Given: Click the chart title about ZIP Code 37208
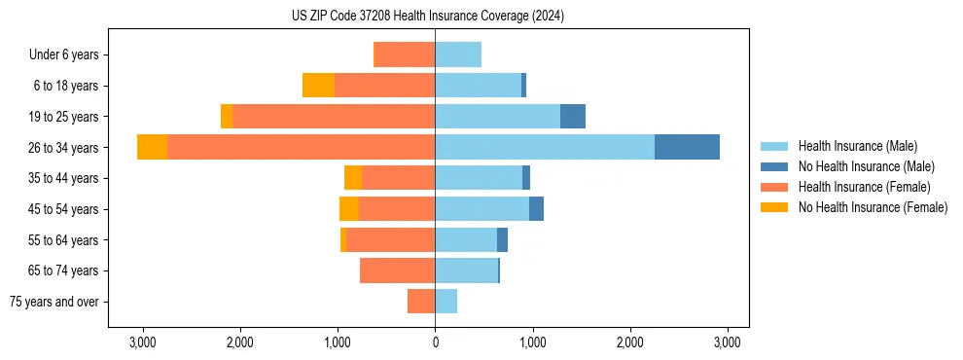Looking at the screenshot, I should pos(427,17).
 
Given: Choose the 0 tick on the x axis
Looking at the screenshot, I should pos(435,342).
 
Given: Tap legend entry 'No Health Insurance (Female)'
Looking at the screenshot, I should pos(873,207).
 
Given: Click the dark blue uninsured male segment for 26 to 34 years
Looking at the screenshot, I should pos(687,147).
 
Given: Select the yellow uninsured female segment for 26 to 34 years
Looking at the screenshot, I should pos(152,147).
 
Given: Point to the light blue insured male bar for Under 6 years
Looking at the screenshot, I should pos(458,54).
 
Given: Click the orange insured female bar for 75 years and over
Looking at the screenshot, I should pos(421,302).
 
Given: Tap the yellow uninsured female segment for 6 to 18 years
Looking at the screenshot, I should pos(318,86).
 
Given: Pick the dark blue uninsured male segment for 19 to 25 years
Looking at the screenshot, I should pos(573,117).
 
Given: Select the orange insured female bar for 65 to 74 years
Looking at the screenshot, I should pos(397,270).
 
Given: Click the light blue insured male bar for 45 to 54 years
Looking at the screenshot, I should pos(481,209).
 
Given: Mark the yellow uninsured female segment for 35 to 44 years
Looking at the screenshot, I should pos(353,178).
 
